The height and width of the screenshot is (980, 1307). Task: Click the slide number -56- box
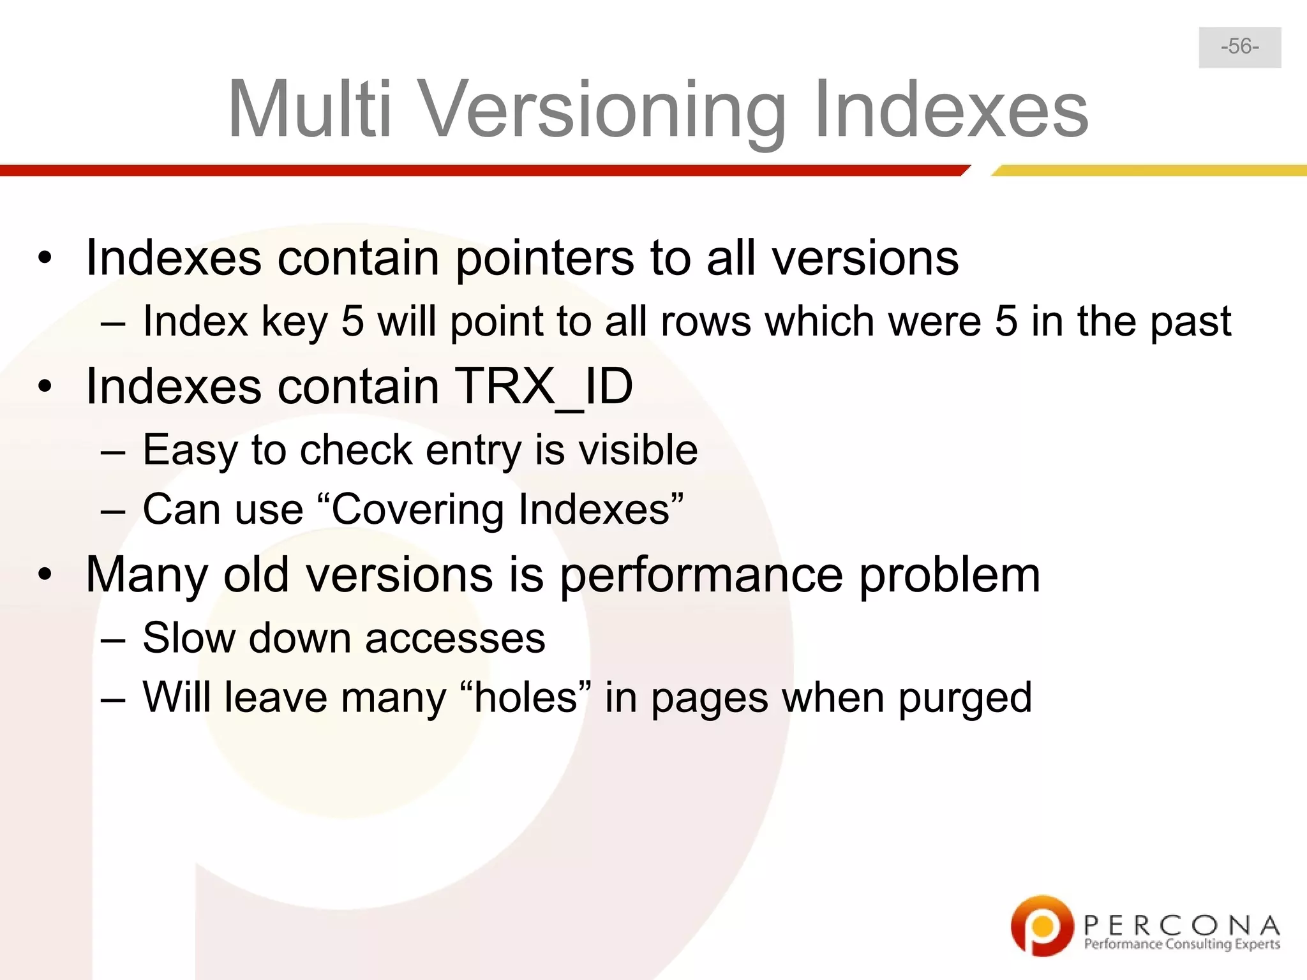(1239, 47)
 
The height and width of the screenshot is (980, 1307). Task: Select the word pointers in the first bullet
(544, 258)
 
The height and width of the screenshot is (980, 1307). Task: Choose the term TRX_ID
(543, 387)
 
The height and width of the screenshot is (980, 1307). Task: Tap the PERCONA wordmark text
(1181, 925)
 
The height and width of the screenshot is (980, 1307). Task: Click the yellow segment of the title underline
(1149, 170)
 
